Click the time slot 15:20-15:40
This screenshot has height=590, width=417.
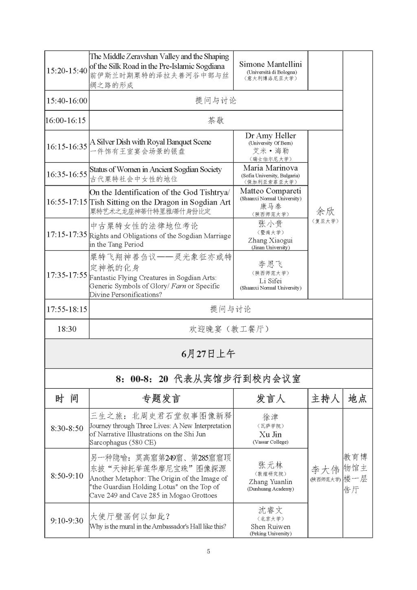click(x=67, y=70)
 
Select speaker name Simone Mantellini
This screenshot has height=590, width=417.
click(x=270, y=64)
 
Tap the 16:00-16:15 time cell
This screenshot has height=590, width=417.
click(x=66, y=121)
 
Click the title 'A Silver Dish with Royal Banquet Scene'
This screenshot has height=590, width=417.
click(x=150, y=142)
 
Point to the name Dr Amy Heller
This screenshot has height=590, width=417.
click(x=270, y=136)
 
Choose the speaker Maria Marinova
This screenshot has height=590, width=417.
click(x=270, y=168)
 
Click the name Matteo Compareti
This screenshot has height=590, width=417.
click(x=270, y=191)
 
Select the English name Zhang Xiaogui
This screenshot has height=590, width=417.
click(x=270, y=240)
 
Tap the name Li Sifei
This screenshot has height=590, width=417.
click(x=270, y=281)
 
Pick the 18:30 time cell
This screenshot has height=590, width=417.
click(x=67, y=329)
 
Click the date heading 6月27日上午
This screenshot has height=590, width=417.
click(x=208, y=354)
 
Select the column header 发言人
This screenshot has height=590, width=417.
click(x=270, y=398)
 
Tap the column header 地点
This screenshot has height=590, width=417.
click(x=357, y=398)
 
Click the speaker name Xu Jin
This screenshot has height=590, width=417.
click(x=270, y=434)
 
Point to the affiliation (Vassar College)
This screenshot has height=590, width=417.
click(x=270, y=442)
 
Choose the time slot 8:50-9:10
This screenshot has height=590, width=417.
click(x=67, y=476)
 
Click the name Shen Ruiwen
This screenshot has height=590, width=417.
click(x=270, y=526)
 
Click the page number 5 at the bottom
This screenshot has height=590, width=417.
click(x=208, y=552)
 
